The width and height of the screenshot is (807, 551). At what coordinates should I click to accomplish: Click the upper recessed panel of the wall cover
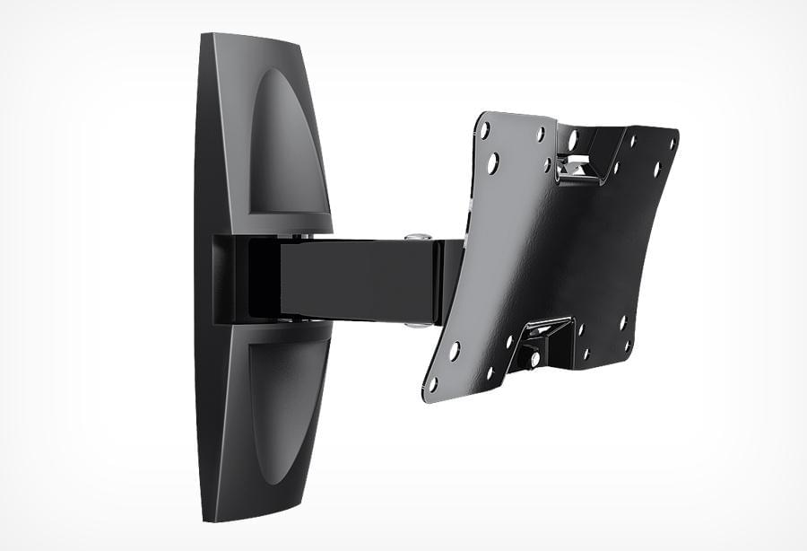tap(285, 144)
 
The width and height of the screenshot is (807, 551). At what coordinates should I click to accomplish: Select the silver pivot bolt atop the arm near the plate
tap(414, 237)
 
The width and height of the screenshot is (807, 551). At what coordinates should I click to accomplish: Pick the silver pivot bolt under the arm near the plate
tap(412, 323)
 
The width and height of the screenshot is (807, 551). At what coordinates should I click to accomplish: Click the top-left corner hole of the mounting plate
tap(484, 130)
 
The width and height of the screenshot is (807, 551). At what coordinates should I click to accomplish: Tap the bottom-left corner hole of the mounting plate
tap(433, 383)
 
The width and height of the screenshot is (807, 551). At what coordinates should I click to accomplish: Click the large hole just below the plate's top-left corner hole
tap(492, 163)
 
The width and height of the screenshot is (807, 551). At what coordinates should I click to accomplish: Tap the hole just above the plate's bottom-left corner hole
tap(455, 349)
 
